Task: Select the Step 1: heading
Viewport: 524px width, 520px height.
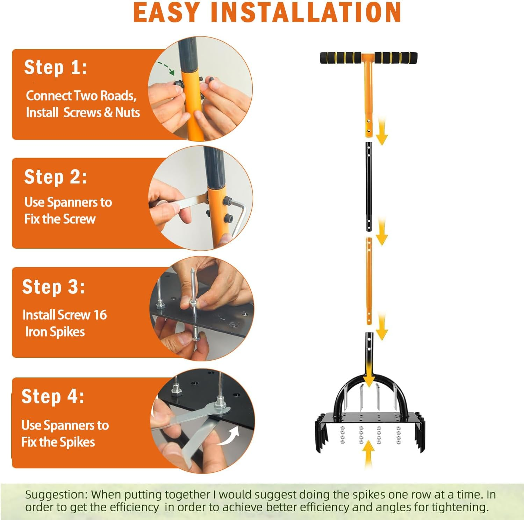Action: [56, 67]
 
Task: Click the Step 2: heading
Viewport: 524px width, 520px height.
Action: [56, 176]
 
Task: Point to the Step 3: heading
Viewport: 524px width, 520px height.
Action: [53, 287]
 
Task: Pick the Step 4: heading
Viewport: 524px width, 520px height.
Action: [53, 396]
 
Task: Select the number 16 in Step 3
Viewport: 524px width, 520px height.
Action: [100, 315]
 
